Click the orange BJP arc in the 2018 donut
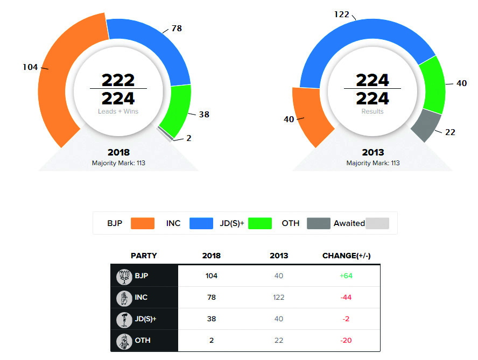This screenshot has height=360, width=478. point(51,81)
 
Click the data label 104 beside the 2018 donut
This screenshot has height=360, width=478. point(30,67)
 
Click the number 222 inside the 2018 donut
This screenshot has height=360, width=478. point(118,80)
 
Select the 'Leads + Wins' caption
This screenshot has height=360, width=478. point(118,111)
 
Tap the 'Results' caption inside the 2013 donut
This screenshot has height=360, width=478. point(372,111)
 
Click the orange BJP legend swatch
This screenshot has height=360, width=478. point(142,223)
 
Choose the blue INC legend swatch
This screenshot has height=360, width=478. point(202,223)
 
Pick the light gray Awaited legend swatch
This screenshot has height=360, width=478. point(377,223)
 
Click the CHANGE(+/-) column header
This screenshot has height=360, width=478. point(346,256)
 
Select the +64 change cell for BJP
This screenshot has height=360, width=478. point(345,276)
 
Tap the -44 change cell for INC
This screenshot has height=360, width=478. point(345,297)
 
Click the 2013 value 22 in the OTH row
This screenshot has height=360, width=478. point(278,340)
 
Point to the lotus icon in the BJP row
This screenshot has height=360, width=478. point(124,277)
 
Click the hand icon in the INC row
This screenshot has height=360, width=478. point(124,298)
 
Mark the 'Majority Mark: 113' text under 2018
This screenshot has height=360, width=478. point(118,163)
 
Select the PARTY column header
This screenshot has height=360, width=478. point(144,256)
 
